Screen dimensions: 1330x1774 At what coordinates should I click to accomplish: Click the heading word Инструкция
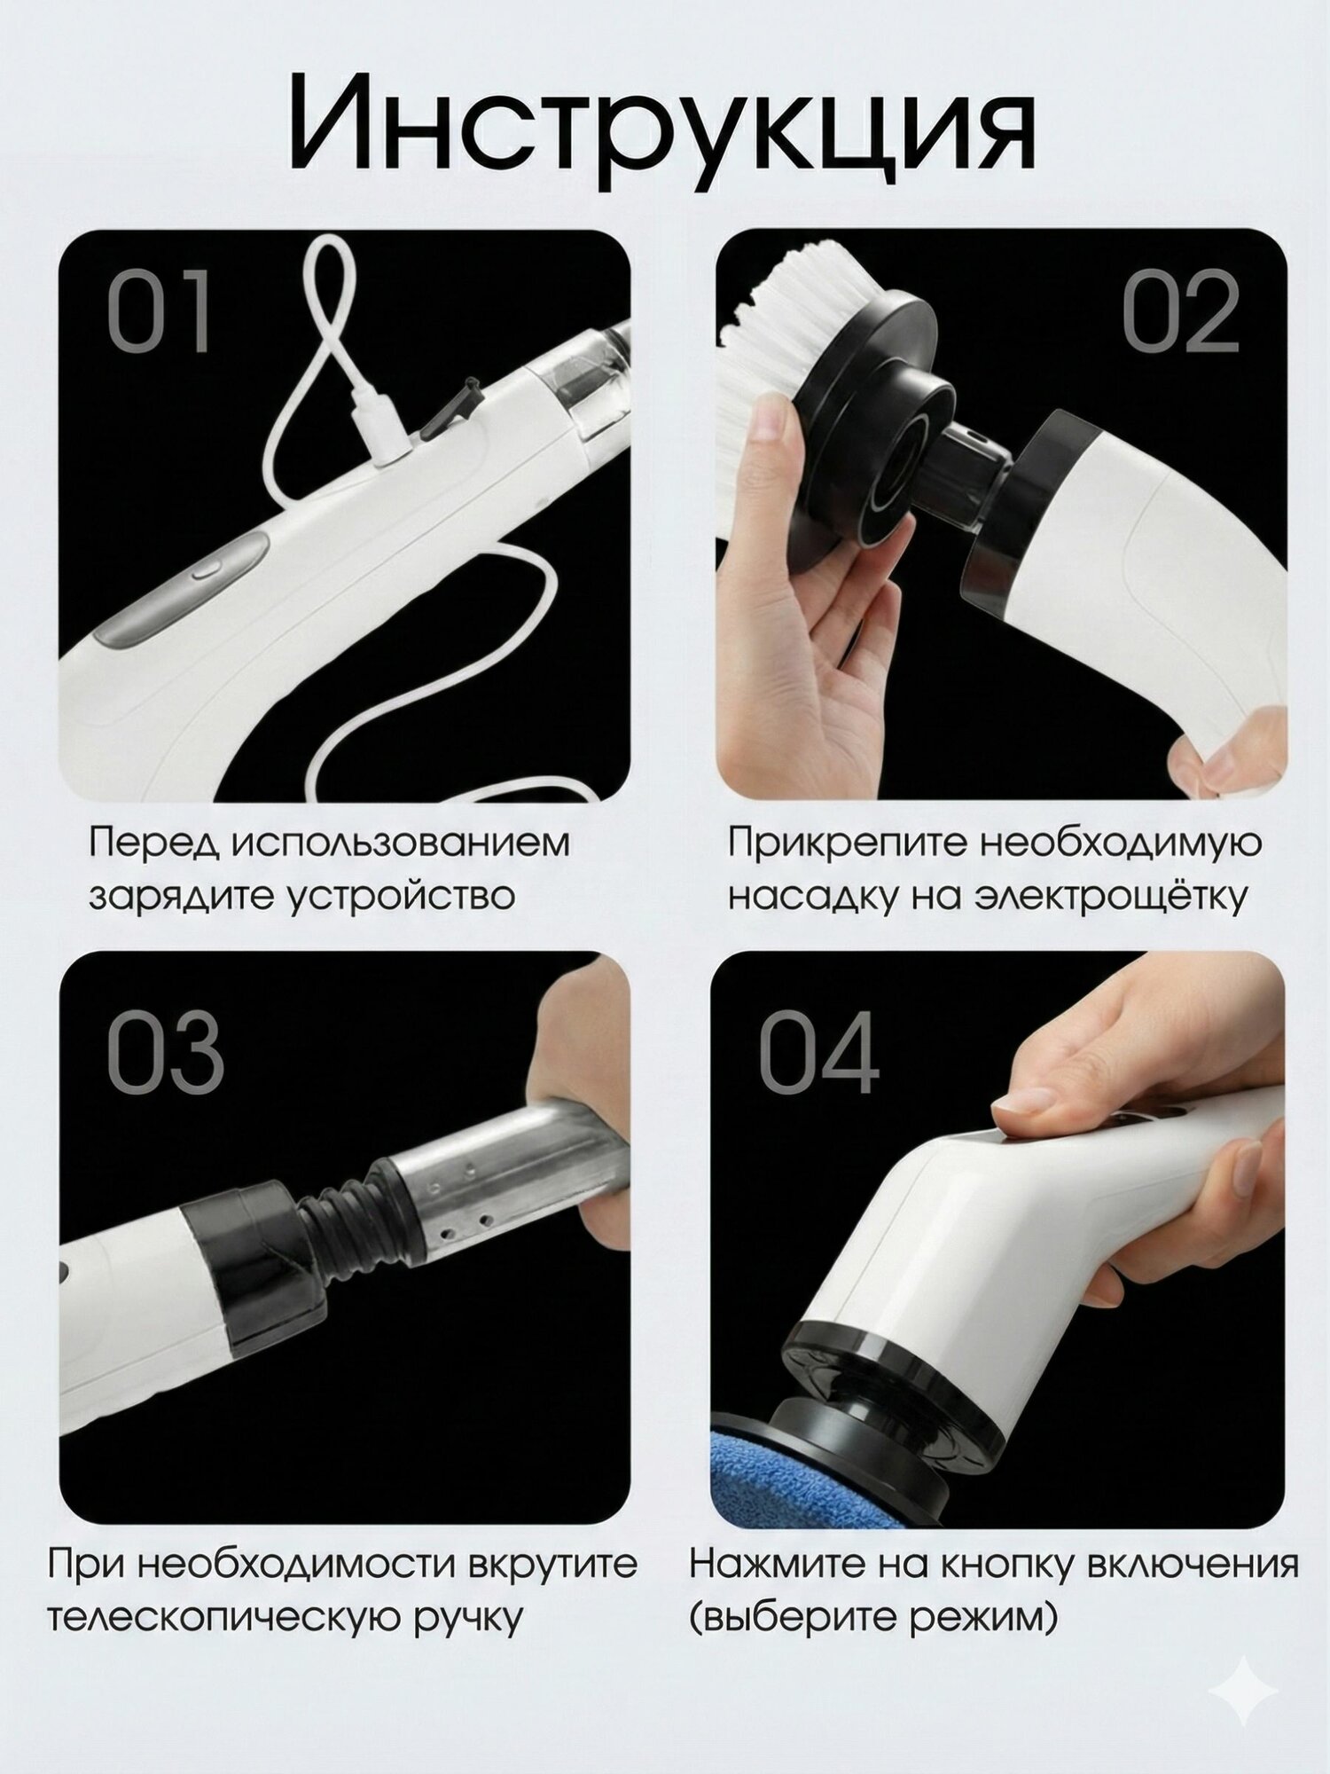tap(661, 124)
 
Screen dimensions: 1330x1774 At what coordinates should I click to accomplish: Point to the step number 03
tap(165, 1052)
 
